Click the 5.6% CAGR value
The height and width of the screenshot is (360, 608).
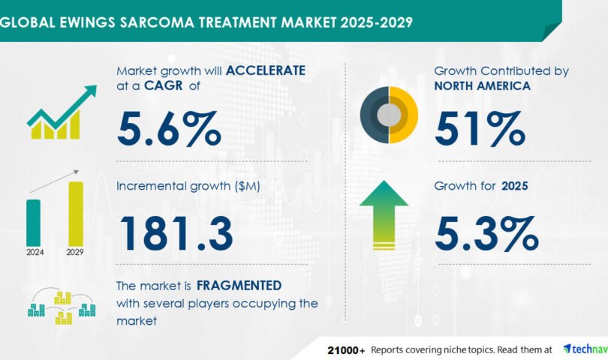click(169, 129)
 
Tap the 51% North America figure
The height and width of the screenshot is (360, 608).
click(480, 129)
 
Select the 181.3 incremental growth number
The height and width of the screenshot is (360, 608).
click(176, 234)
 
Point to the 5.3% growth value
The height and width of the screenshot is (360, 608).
click(486, 234)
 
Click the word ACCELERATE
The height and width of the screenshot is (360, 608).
click(266, 70)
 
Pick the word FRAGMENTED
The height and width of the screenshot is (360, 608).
click(239, 286)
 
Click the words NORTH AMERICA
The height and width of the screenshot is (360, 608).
click(482, 85)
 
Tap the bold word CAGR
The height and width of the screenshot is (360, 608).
click(163, 85)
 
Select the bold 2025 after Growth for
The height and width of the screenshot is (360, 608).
click(515, 186)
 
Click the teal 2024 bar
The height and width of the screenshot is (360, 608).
click(33, 223)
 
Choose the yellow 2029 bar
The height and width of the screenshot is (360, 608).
click(76, 214)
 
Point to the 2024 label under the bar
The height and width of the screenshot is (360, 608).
click(35, 252)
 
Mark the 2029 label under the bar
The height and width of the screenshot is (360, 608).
click(75, 252)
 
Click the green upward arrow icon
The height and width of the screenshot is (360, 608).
click(384, 215)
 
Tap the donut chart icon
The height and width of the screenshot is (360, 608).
click(389, 115)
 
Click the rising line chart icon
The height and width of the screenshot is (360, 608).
click(62, 112)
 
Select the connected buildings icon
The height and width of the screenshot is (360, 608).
click(62, 306)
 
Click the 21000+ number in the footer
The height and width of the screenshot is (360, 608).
click(346, 351)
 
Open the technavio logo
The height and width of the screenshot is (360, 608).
click(585, 349)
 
